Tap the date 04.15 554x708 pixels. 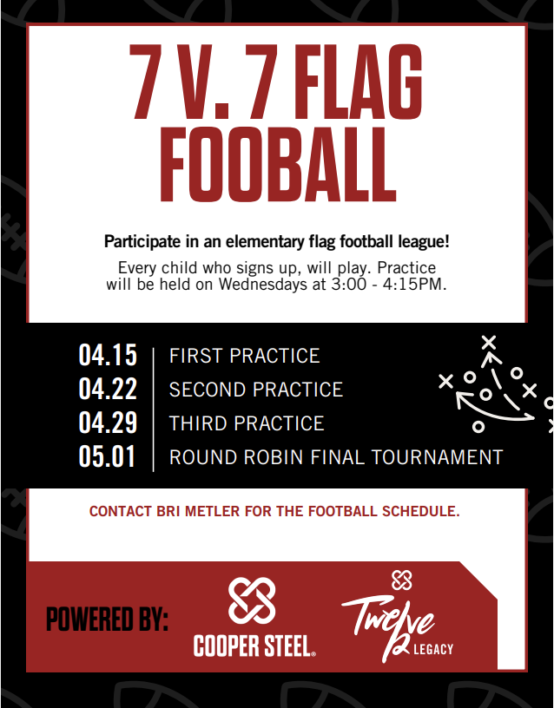pos(108,356)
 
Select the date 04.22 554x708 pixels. pos(108,390)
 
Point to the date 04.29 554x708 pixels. pos(108,423)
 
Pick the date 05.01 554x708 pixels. pos(108,457)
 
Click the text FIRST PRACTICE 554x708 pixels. pos(244,357)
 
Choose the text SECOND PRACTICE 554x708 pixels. pos(255,390)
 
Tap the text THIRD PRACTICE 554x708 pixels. pos(246,423)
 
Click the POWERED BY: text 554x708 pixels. pos(107,620)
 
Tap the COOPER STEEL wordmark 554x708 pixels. pos(253,646)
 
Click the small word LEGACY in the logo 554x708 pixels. pos(434,649)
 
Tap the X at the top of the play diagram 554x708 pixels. pos(489,341)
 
